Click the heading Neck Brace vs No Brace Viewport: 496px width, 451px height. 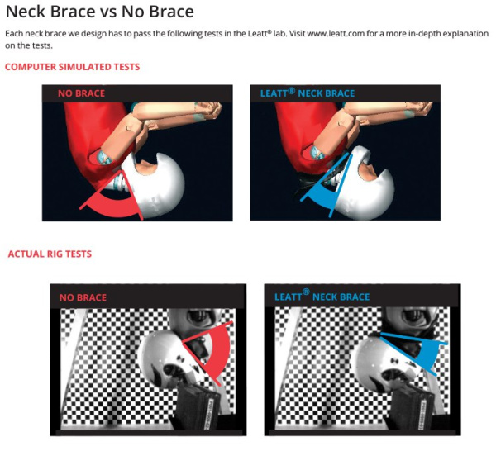(99, 13)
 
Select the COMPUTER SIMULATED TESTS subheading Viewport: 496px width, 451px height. (73, 67)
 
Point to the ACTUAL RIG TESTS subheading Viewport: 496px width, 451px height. (50, 254)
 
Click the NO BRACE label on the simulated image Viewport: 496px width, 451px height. (81, 93)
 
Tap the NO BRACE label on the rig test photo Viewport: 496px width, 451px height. (83, 297)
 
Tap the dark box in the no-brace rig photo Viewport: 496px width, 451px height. (198, 409)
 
